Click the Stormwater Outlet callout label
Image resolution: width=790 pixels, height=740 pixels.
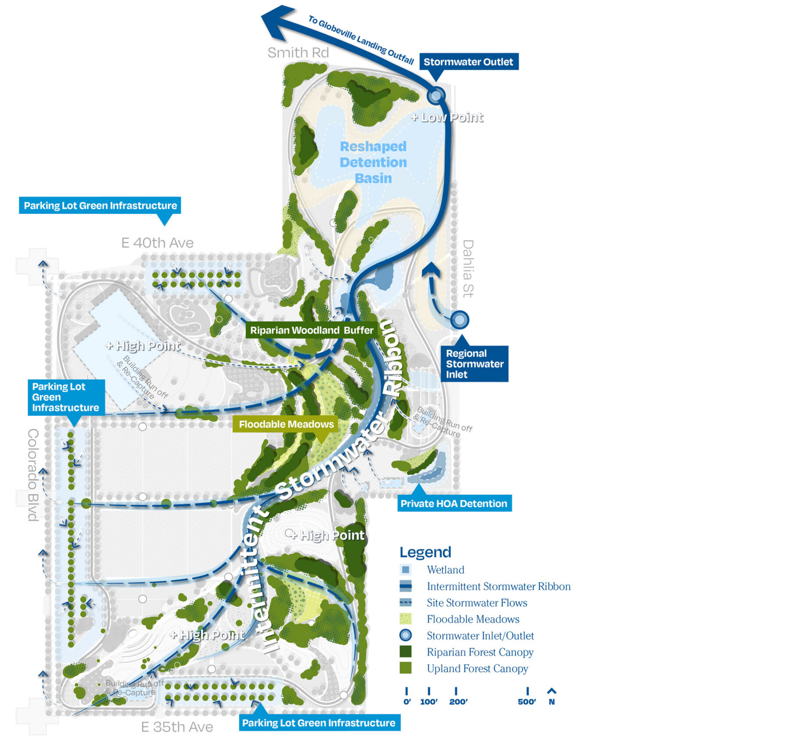coord(468,62)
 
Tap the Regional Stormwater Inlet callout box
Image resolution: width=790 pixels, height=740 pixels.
coord(474,364)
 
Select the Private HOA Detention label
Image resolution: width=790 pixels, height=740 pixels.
coord(454,503)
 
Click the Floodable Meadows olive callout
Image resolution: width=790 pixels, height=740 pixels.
coord(286,424)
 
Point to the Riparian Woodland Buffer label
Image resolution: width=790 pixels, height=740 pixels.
coord(312,330)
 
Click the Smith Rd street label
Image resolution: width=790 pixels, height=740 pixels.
coord(298,53)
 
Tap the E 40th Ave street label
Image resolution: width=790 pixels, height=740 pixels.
coord(157,242)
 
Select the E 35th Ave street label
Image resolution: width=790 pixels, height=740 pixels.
coord(177,727)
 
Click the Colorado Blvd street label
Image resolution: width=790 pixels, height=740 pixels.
coord(33,475)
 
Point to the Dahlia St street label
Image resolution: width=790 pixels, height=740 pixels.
coord(468,268)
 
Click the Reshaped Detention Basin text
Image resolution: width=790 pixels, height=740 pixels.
coord(373,162)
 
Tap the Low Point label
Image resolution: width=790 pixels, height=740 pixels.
coord(448,117)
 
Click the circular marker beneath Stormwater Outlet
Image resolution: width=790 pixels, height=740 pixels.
coord(436,95)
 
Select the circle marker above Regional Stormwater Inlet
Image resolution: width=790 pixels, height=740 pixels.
coord(460,320)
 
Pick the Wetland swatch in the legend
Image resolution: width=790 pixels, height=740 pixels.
coord(406,570)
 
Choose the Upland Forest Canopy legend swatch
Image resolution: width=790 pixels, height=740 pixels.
coord(406,668)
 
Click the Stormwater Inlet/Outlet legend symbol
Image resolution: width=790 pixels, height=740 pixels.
coord(406,635)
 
